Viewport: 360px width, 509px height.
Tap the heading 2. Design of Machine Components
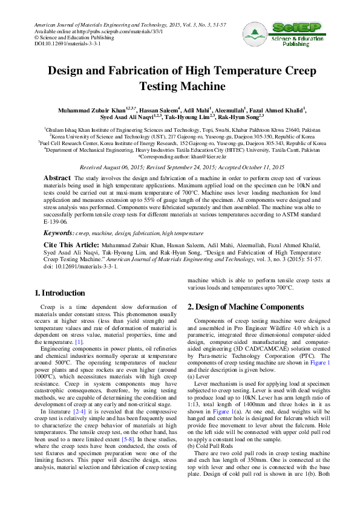pyautogui.click(x=246, y=306)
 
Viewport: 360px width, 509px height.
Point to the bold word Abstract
pyautogui.click(x=57, y=178)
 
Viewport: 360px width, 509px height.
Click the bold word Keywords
pyautogui.click(x=58, y=232)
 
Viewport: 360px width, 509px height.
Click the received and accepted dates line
pyautogui.click(x=180, y=166)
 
